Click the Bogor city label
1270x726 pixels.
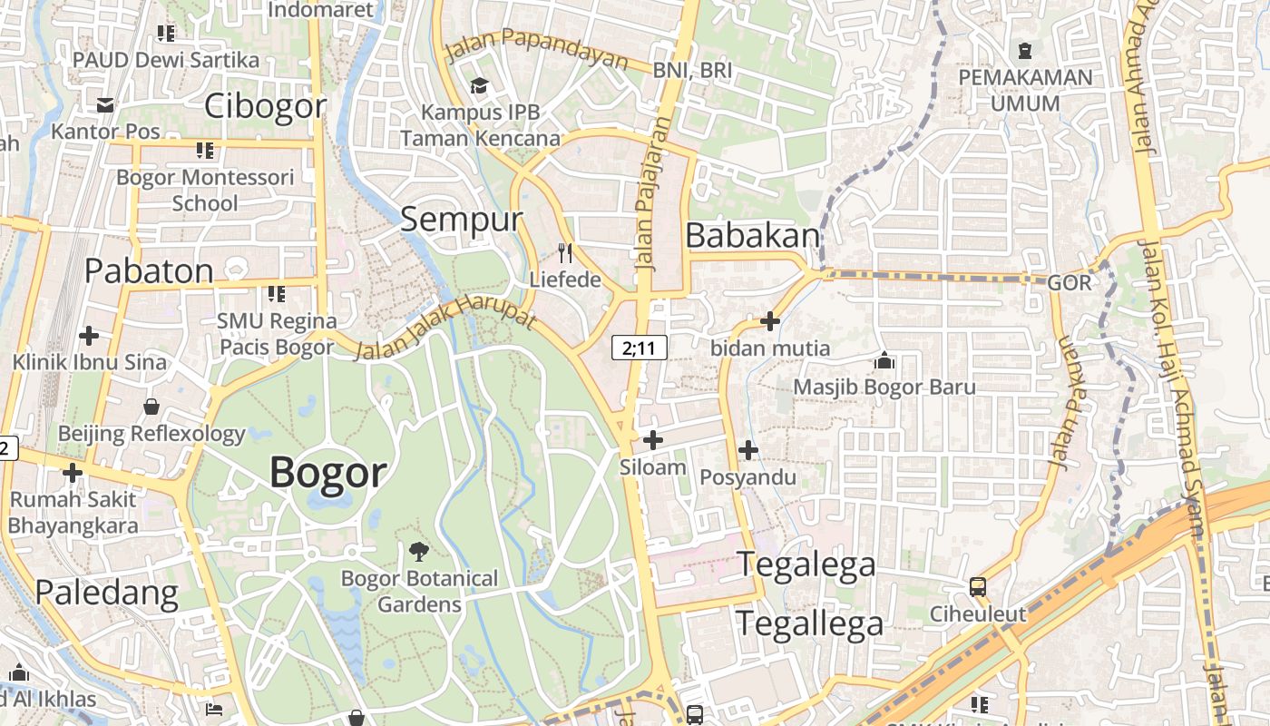(328, 473)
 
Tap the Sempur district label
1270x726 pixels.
(462, 219)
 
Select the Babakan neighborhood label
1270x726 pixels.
(753, 235)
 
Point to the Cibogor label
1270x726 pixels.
(265, 106)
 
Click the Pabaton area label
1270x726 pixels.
(150, 270)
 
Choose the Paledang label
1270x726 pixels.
(107, 593)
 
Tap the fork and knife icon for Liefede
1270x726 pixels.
(565, 252)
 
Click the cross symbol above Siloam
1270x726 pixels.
(652, 440)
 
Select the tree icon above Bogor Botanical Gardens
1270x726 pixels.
(419, 550)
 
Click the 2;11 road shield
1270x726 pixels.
(640, 347)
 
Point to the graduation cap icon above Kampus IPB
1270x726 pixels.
(479, 85)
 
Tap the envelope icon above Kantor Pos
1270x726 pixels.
(105, 105)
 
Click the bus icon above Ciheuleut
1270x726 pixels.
(977, 586)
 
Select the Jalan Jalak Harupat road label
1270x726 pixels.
(445, 328)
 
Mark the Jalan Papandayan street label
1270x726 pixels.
(537, 50)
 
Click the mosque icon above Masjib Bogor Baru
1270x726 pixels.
(884, 361)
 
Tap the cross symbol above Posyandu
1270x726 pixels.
(747, 449)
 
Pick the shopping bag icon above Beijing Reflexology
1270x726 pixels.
(151, 407)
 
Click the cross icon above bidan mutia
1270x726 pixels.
(769, 320)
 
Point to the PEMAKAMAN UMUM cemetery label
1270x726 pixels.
(1025, 90)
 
